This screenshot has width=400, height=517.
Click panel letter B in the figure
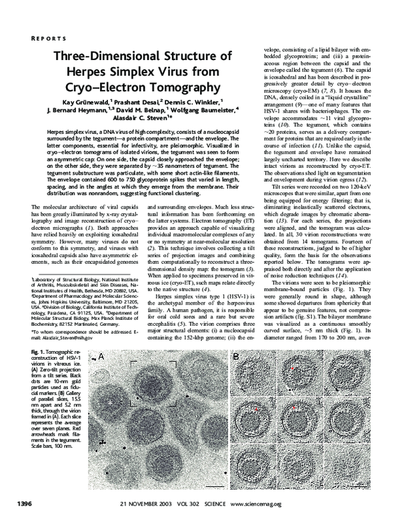pos(237,358)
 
